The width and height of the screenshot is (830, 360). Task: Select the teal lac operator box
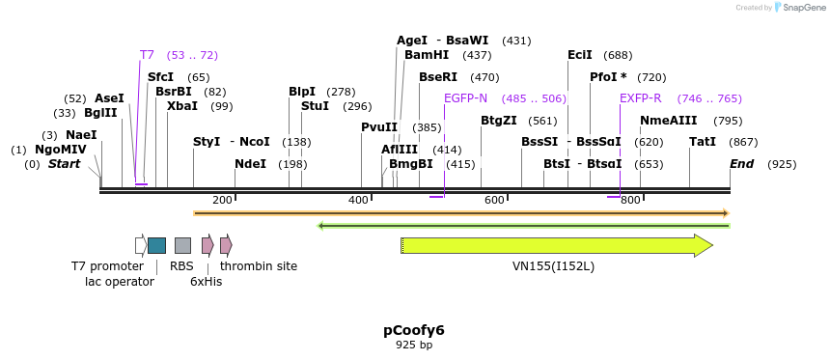point(156,246)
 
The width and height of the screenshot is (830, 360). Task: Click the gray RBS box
point(182,246)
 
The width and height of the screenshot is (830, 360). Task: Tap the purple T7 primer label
point(147,55)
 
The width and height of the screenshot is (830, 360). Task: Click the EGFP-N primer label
point(465,98)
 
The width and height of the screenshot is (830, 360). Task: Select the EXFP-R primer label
point(640,98)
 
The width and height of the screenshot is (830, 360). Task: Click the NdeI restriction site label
point(250,164)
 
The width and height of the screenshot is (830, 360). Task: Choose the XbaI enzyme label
point(181,106)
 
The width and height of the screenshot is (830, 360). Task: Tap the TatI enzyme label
point(702,142)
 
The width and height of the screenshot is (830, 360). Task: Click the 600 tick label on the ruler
point(494,200)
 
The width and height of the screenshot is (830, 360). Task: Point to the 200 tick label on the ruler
point(222,200)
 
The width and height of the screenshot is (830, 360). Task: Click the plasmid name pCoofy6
point(413,330)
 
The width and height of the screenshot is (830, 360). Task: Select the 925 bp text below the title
point(413,346)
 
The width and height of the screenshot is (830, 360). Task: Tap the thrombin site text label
point(259,266)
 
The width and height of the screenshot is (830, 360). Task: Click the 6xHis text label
point(206,282)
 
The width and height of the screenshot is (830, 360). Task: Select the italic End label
point(741,164)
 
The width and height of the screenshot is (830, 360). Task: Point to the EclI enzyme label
point(580,55)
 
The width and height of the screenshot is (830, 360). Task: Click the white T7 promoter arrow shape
point(141,246)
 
